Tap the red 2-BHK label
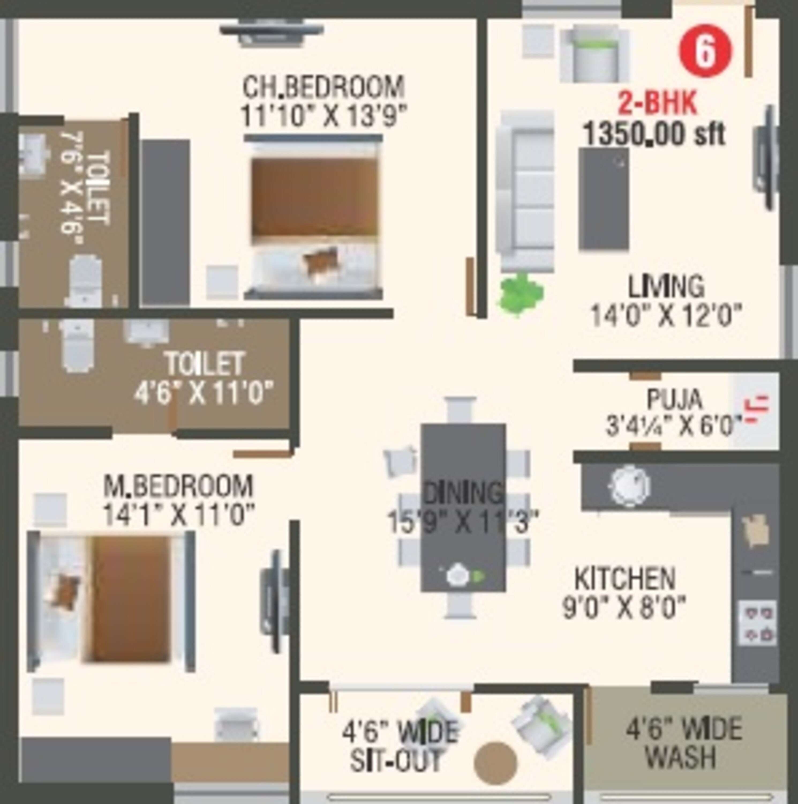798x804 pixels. click(x=657, y=104)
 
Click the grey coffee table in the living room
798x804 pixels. click(x=603, y=199)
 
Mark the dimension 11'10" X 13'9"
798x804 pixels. click(x=323, y=115)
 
